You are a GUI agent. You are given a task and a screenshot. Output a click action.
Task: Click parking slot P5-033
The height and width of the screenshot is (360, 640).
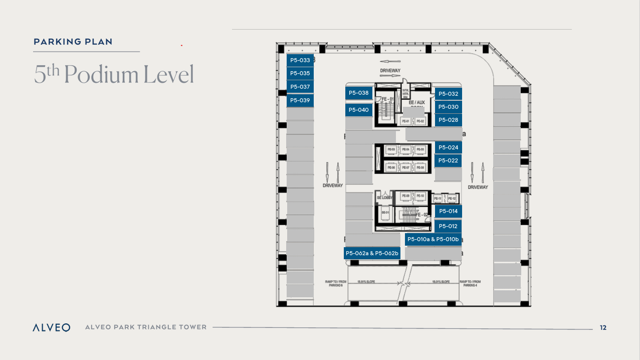click(x=300, y=60)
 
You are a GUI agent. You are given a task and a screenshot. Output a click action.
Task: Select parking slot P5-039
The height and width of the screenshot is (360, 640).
click(x=300, y=100)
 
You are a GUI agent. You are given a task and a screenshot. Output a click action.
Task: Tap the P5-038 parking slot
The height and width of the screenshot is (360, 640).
click(x=359, y=93)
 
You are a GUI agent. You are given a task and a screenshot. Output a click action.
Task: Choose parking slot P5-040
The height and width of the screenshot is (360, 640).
click(x=359, y=110)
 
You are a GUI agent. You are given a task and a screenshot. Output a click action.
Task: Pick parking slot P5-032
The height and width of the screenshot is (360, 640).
click(x=448, y=94)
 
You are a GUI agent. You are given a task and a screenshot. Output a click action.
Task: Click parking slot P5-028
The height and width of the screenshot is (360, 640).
click(x=448, y=120)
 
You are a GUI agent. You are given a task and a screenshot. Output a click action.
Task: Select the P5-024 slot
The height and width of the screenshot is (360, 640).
click(x=448, y=147)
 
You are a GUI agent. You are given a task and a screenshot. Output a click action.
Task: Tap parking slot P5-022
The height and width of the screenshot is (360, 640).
click(x=448, y=160)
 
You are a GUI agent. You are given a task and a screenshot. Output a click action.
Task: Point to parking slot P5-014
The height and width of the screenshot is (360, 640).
click(x=448, y=211)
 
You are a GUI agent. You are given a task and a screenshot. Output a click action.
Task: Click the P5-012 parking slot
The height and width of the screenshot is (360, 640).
click(x=448, y=226)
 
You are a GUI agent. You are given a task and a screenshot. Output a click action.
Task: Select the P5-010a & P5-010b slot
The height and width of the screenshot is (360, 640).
click(x=433, y=239)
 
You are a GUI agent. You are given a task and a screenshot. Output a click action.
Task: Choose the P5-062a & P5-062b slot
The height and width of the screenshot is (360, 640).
click(x=372, y=253)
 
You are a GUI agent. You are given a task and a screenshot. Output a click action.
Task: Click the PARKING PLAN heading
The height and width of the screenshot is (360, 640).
click(x=73, y=42)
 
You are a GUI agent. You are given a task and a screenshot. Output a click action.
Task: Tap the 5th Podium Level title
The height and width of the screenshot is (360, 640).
click(x=114, y=74)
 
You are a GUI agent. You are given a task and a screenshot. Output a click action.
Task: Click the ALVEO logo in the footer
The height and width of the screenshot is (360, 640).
click(x=51, y=327)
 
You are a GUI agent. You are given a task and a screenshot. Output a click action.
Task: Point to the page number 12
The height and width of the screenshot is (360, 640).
click(x=603, y=327)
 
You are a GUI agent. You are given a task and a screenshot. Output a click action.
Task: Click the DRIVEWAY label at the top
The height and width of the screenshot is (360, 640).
click(x=390, y=70)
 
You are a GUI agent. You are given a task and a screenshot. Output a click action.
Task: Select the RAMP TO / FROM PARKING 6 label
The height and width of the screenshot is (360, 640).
click(x=333, y=283)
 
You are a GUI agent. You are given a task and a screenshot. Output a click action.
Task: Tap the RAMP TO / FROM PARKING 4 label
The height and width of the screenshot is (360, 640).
click(x=470, y=283)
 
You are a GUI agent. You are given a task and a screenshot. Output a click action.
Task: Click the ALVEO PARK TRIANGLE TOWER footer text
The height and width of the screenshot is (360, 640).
click(x=146, y=327)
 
